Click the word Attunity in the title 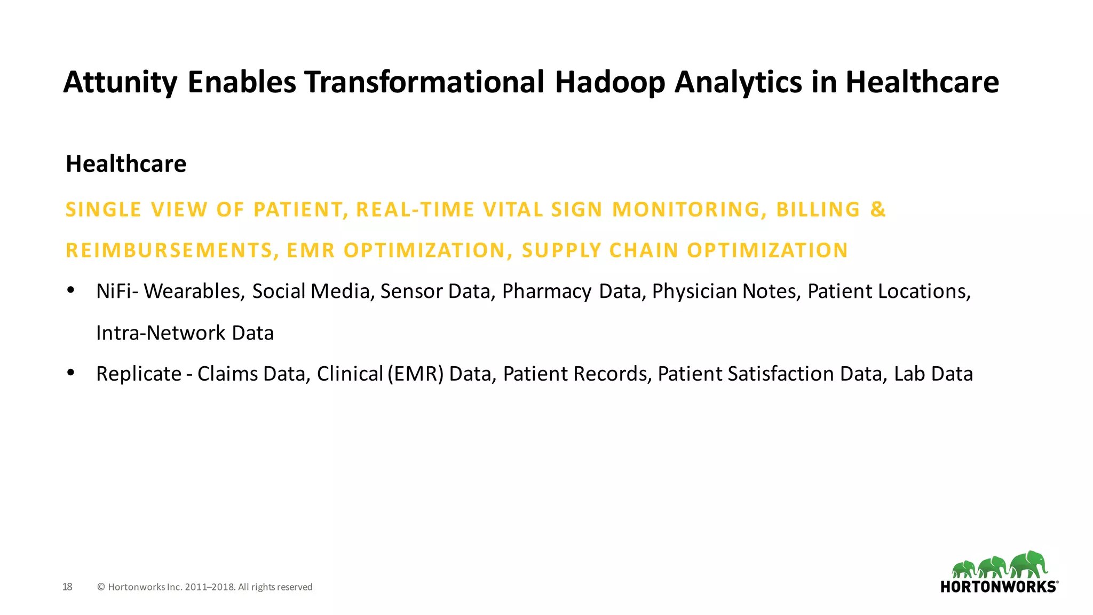[x=120, y=83]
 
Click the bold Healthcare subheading [x=126, y=164]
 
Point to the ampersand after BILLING [x=878, y=209]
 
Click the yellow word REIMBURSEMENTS [x=169, y=250]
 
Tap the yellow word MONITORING [x=686, y=209]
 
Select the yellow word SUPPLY [x=561, y=250]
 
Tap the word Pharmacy [x=546, y=291]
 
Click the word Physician [x=694, y=291]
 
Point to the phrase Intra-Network [x=161, y=333]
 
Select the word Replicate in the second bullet [x=139, y=374]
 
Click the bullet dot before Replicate [x=70, y=372]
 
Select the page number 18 [x=67, y=587]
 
